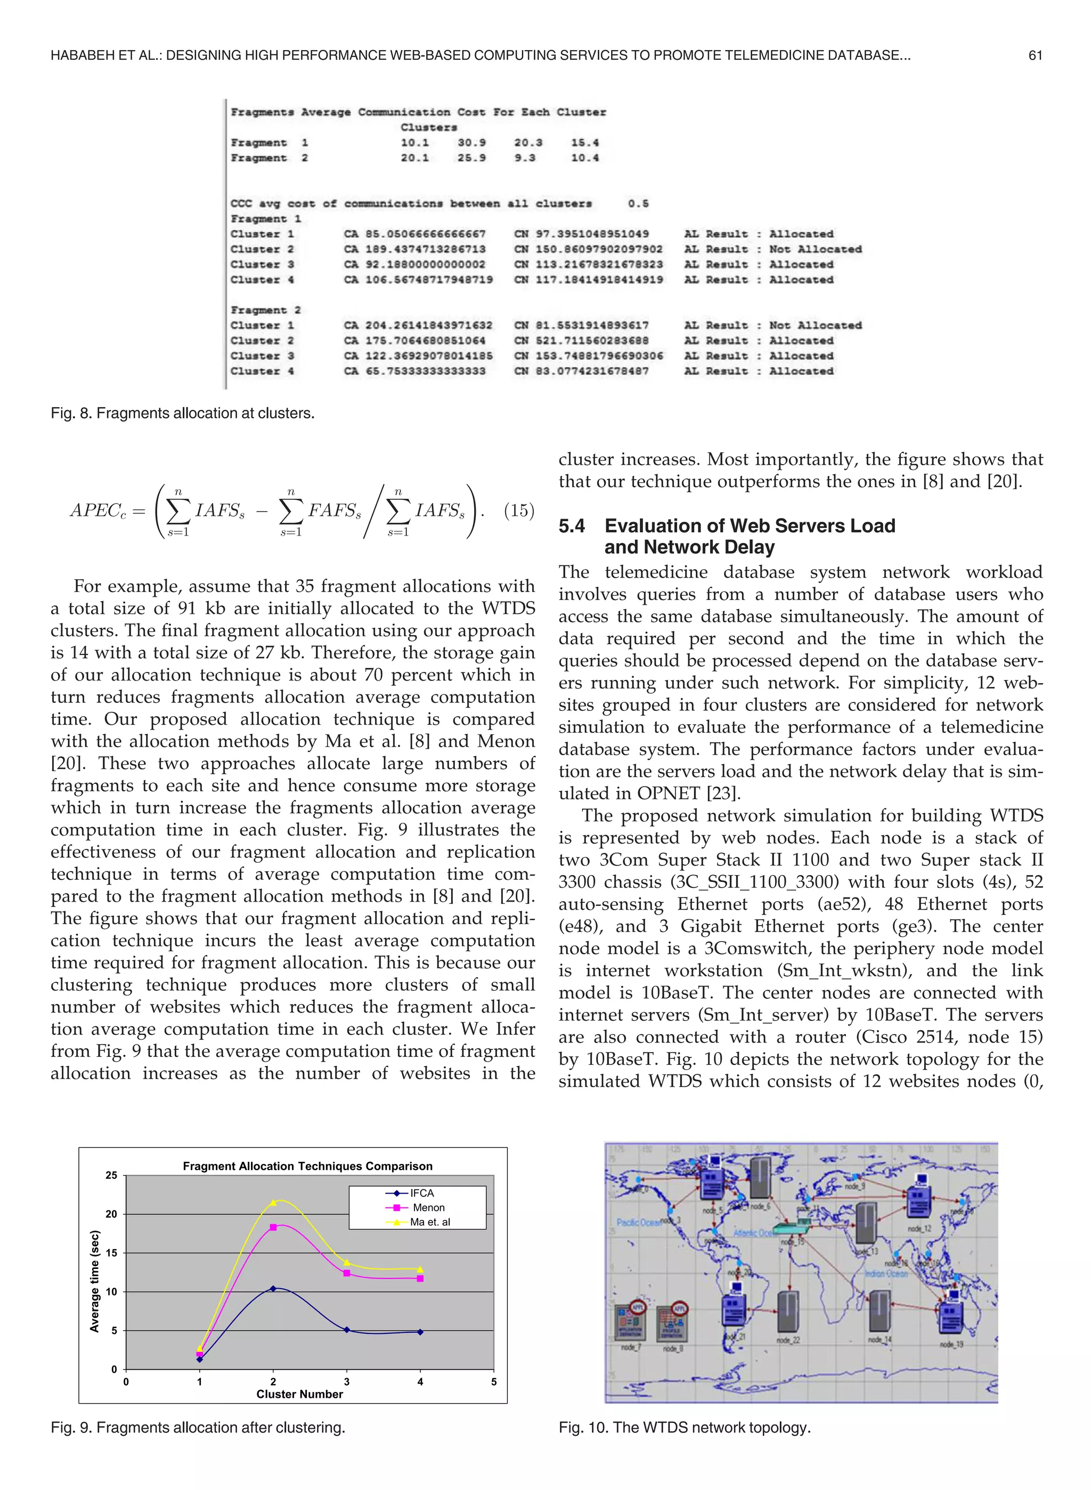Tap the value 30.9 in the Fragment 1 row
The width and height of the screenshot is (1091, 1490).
click(x=471, y=143)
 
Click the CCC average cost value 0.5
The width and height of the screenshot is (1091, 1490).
click(x=638, y=204)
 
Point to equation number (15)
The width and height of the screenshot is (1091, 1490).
click(x=518, y=511)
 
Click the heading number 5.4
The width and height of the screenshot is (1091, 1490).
click(x=572, y=526)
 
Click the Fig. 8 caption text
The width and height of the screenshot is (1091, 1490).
click(x=182, y=414)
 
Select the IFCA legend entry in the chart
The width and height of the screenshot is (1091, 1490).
click(x=421, y=1193)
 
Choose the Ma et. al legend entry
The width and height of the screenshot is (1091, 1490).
click(x=429, y=1222)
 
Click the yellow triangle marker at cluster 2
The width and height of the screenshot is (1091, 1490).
click(x=273, y=1202)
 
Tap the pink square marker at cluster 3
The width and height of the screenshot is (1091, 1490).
click(x=347, y=1273)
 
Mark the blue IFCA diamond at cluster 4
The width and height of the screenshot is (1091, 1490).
click(x=420, y=1332)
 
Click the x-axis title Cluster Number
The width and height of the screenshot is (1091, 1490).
click(x=299, y=1394)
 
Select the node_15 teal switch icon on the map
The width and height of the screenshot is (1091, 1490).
click(x=791, y=1228)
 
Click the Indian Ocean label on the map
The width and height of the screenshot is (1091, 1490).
click(x=886, y=1273)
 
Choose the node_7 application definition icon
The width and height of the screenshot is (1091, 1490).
click(x=629, y=1320)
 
